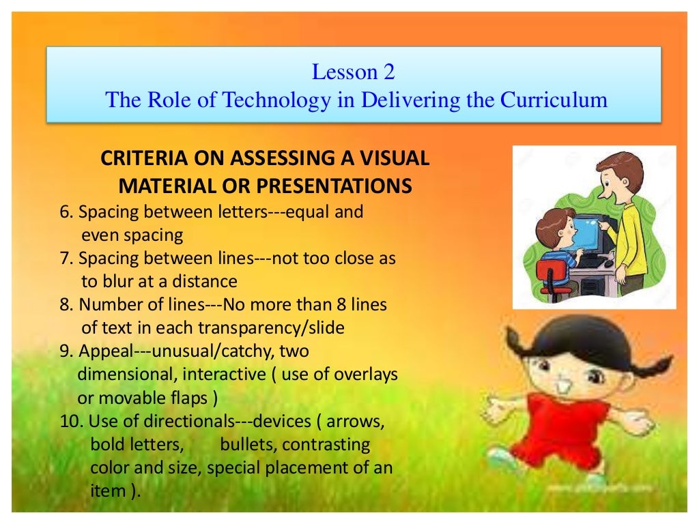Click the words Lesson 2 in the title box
[353, 72]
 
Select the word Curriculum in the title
[554, 100]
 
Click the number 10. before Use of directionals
[72, 421]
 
